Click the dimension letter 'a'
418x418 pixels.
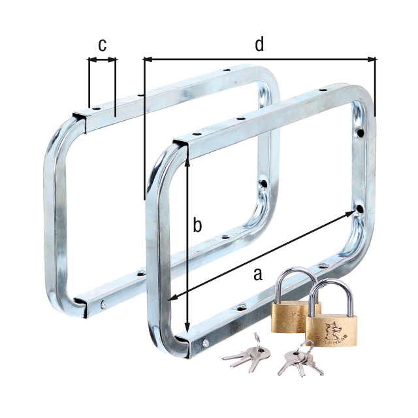click(257, 274)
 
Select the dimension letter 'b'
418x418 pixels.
click(197, 225)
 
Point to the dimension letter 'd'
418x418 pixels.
click(259, 44)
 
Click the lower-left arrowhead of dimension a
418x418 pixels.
click(172, 298)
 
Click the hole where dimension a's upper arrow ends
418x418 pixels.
click(361, 208)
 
